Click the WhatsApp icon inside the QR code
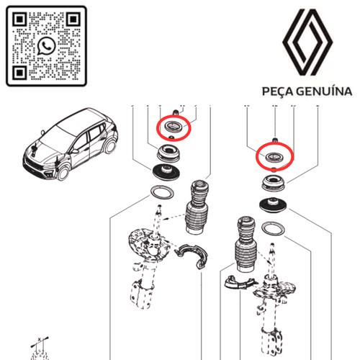48,45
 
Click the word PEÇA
279,91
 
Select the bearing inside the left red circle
173,128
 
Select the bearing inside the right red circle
274,156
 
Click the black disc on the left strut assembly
168,173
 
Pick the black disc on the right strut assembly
274,204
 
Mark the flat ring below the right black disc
274,230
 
